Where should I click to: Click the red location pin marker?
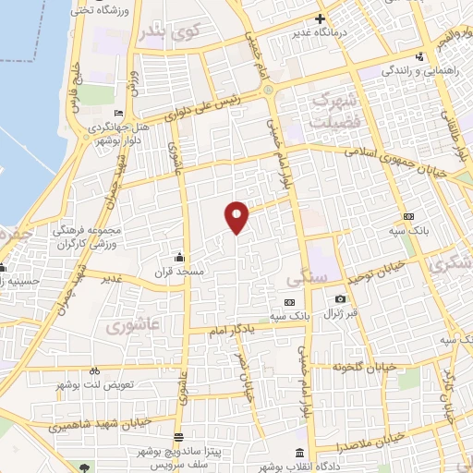pos(237,216)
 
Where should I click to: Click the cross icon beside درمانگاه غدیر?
pos(320,18)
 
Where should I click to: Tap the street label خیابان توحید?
pos(374,274)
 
